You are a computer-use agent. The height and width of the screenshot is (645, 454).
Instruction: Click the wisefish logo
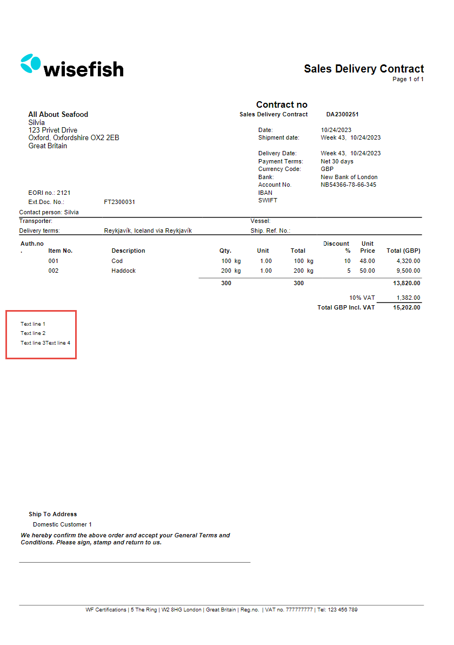[72, 65]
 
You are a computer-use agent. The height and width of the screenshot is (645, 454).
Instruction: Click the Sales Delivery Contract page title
[364, 69]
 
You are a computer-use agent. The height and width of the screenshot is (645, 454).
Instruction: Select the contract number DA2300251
[342, 115]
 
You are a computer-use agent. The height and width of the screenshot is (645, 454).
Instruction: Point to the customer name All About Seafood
[58, 115]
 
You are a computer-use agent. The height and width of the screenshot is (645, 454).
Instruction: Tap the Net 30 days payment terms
[337, 161]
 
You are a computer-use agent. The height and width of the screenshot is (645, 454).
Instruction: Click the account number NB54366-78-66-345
[348, 185]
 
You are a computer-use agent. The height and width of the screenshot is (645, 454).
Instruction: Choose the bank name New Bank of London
[349, 177]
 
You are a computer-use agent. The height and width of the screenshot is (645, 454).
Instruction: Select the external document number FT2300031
[119, 202]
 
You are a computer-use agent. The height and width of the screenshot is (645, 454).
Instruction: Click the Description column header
[128, 251]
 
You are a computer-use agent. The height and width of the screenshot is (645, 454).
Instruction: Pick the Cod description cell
[117, 261]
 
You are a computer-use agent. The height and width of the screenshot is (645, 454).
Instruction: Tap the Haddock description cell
[123, 271]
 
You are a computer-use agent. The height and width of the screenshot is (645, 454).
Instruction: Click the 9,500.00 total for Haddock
[409, 271]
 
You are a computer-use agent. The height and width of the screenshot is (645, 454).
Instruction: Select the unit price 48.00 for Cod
[368, 261]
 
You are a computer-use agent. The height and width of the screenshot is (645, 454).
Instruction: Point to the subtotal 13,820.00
[407, 283]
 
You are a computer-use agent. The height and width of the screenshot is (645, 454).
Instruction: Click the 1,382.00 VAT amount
[409, 298]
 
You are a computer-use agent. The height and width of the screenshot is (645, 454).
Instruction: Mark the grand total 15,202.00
[407, 307]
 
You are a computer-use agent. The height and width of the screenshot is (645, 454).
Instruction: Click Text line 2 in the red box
[33, 333]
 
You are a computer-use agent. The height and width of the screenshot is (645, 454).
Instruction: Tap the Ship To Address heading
[53, 514]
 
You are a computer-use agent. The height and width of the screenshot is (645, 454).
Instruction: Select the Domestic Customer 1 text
[62, 524]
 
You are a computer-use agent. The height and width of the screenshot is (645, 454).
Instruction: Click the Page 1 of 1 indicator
[408, 80]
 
